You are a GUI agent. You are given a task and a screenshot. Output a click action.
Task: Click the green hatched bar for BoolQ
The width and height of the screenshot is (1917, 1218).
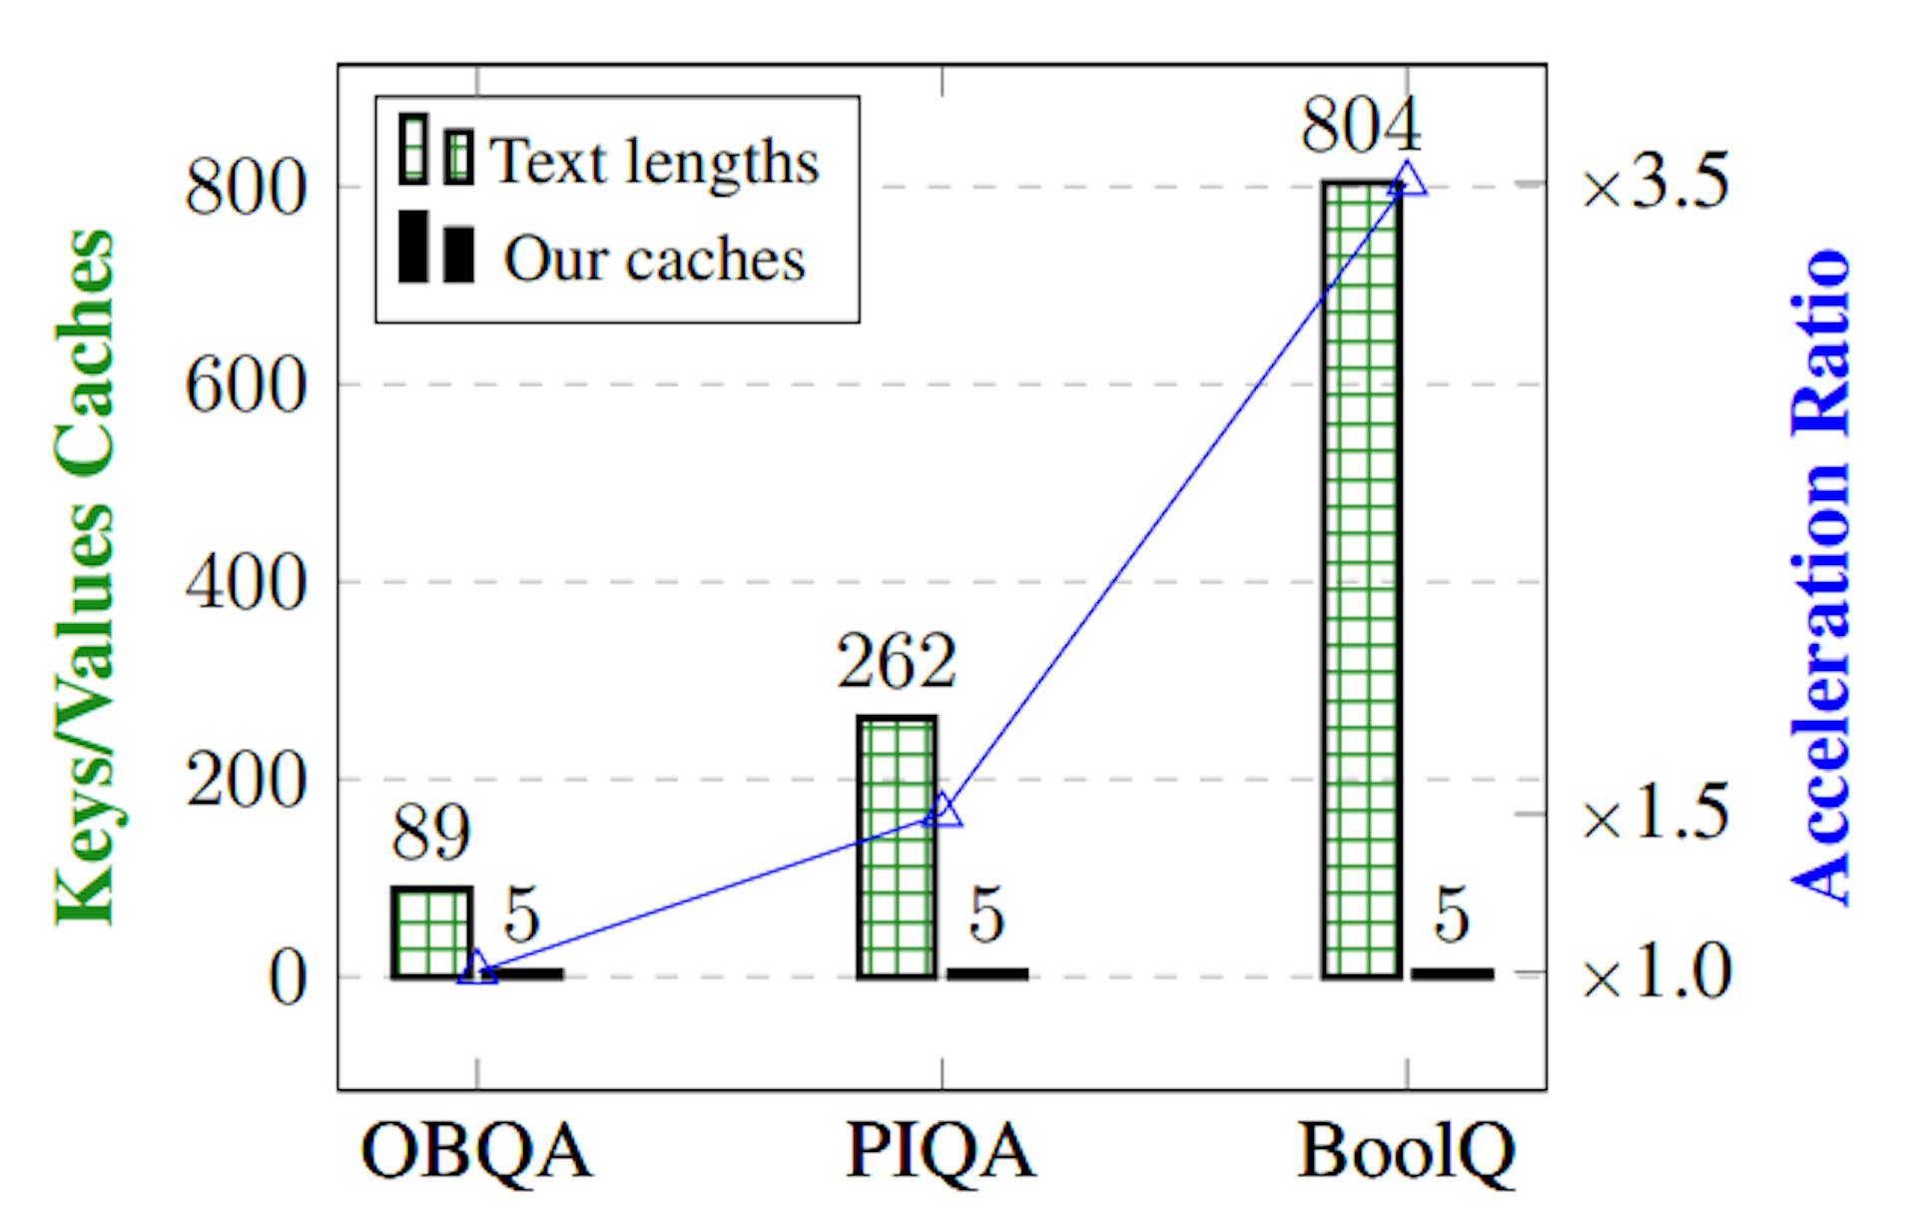pyautogui.click(x=1362, y=579)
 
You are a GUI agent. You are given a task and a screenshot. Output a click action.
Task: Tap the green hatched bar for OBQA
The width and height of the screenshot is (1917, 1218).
pyautogui.click(x=431, y=931)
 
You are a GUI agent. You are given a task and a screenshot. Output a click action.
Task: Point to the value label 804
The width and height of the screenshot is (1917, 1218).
pyautogui.click(x=1360, y=127)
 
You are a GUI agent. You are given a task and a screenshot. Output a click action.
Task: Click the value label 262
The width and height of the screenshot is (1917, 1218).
pyautogui.click(x=896, y=661)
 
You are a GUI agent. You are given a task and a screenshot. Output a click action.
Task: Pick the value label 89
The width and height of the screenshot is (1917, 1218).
pyautogui.click(x=430, y=833)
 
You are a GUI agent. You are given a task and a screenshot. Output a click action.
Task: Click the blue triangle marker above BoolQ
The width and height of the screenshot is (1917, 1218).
pyautogui.click(x=1408, y=180)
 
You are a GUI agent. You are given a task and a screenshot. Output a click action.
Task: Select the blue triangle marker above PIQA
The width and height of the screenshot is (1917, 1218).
pyautogui.click(x=943, y=812)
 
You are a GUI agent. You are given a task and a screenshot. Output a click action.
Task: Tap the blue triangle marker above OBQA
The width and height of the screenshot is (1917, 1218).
pyautogui.click(x=477, y=968)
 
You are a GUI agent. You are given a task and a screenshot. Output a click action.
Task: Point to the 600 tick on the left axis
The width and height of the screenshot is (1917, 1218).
pyautogui.click(x=245, y=385)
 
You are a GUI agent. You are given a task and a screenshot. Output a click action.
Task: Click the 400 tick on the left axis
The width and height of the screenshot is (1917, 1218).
pyautogui.click(x=245, y=582)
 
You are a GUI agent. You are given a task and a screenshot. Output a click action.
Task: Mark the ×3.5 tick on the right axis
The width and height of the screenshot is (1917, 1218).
pyautogui.click(x=1655, y=184)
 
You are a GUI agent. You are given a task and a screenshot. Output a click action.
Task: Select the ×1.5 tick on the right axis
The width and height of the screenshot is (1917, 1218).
pyautogui.click(x=1655, y=814)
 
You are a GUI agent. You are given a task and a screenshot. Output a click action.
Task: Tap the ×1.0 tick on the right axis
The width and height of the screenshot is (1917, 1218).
pyautogui.click(x=1655, y=972)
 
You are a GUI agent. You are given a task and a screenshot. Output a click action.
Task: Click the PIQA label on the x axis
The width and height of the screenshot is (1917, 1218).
pyautogui.click(x=941, y=1151)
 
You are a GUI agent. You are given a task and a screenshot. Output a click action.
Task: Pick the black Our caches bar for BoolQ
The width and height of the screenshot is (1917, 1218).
pyautogui.click(x=1452, y=972)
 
